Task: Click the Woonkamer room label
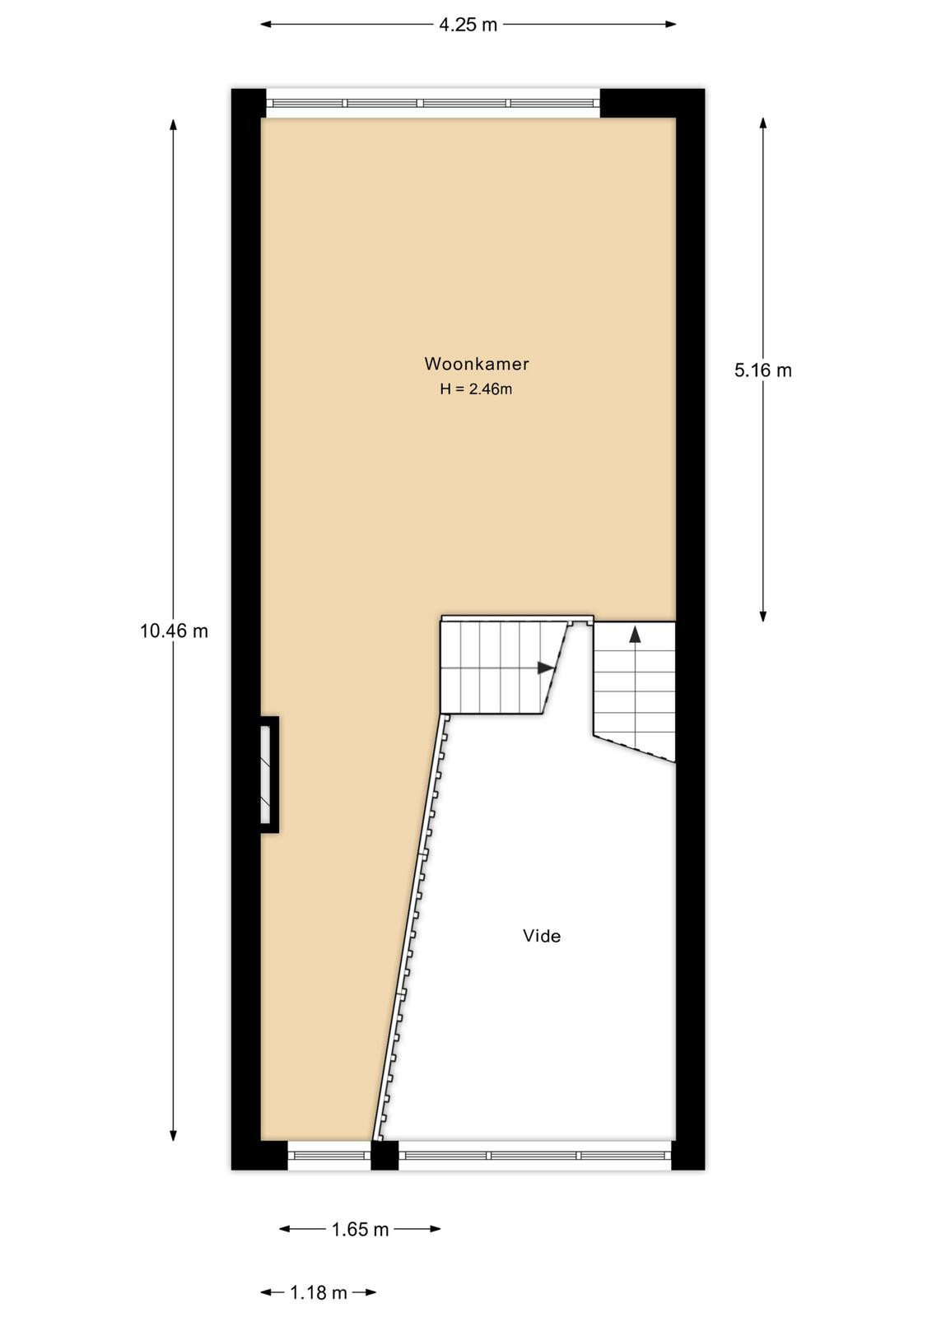pyautogui.click(x=476, y=364)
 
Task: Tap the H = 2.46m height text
pyautogui.click(x=476, y=389)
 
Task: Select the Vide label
pyautogui.click(x=542, y=936)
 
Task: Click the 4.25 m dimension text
pyautogui.click(x=468, y=25)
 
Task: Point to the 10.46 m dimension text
pyautogui.click(x=174, y=631)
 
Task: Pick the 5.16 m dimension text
pyautogui.click(x=762, y=370)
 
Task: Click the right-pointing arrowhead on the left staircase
pyautogui.click(x=546, y=668)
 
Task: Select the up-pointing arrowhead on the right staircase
pyautogui.click(x=635, y=635)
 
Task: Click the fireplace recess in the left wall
pyautogui.click(x=268, y=775)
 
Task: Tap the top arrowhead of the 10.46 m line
pyautogui.click(x=173, y=124)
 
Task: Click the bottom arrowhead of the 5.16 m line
pyautogui.click(x=762, y=616)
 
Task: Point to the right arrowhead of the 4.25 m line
pyautogui.click(x=670, y=24)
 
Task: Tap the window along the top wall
pyautogui.click(x=433, y=104)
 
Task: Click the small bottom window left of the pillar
pyautogui.click(x=329, y=1155)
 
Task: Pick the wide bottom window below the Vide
pyautogui.click(x=535, y=1155)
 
